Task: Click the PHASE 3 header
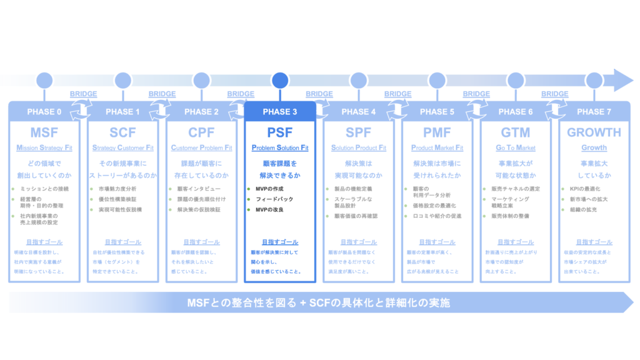point(280,112)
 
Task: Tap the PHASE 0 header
point(44,112)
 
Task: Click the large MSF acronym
point(44,132)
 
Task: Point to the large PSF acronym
point(280,132)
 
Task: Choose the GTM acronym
point(516,132)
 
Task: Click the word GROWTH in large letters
point(594,132)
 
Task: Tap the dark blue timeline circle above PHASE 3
point(280,80)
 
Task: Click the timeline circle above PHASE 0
point(44,80)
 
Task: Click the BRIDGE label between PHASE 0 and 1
point(84,94)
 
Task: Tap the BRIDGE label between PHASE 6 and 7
point(554,94)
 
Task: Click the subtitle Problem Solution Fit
point(280,148)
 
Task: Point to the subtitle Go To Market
point(516,148)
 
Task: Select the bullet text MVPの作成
point(270,189)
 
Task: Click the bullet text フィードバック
point(274,199)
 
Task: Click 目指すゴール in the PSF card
point(280,242)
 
